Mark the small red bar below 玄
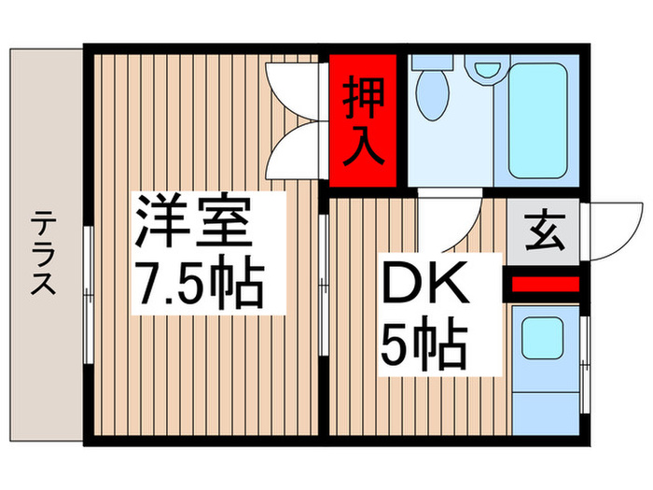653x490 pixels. pos(545,283)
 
